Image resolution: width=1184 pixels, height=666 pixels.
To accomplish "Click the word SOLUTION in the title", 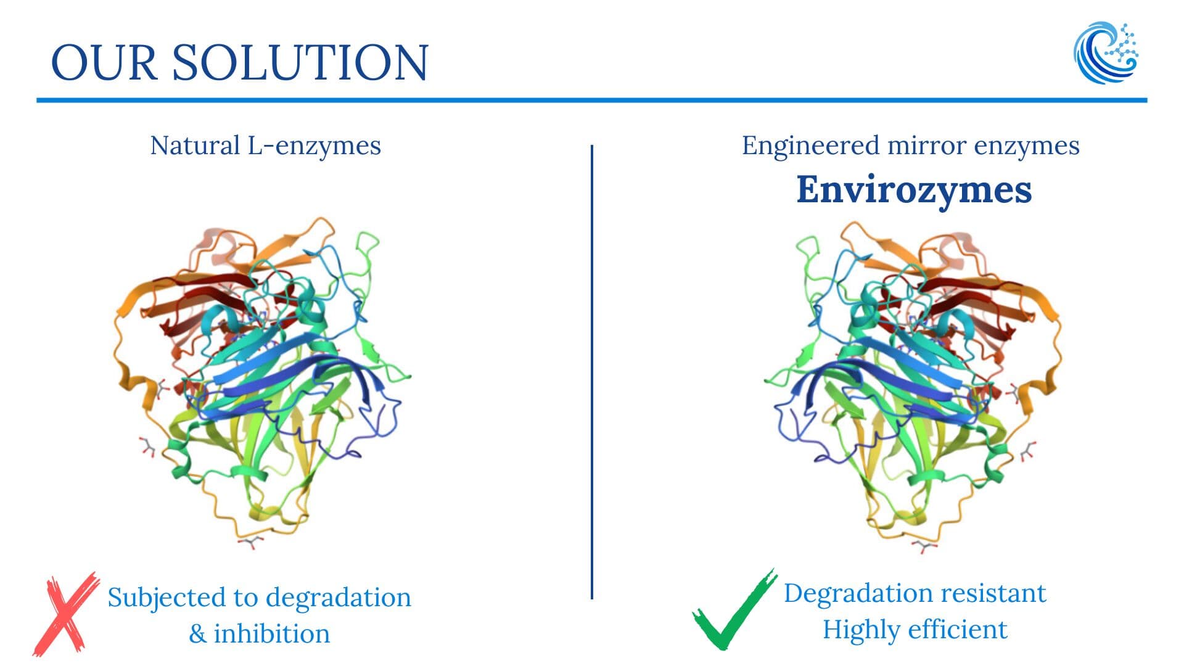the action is pyautogui.click(x=300, y=62).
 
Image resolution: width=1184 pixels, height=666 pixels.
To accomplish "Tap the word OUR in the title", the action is pyautogui.click(x=104, y=62).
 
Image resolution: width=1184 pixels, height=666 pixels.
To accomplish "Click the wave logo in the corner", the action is pyautogui.click(x=1106, y=53).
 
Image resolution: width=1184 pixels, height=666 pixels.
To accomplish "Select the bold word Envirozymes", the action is pyautogui.click(x=914, y=189).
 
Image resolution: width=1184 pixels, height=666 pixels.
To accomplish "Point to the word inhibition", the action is pyautogui.click(x=272, y=633).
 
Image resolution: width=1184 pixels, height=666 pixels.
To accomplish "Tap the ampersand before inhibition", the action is pyautogui.click(x=197, y=634).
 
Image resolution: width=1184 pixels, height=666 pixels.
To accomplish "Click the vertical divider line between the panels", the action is pyautogui.click(x=592, y=372).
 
